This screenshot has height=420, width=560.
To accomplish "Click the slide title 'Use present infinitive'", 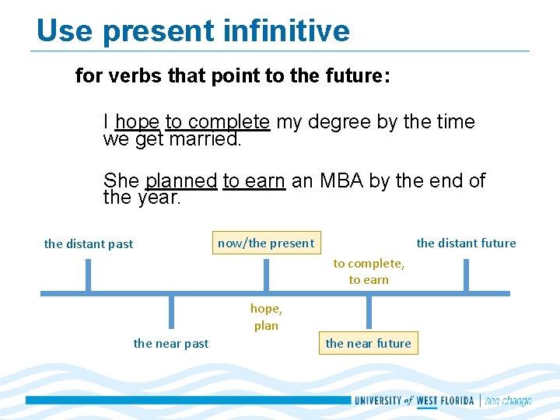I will coord(193,31).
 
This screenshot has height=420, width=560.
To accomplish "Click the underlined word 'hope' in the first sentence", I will coord(137,122).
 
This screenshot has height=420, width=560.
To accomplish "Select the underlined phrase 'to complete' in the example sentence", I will coord(217,122).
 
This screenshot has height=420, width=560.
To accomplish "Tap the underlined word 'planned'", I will coord(180,181).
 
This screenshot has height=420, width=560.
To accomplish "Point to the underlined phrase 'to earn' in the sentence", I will coord(254,181).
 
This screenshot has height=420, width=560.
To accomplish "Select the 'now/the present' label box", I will coord(266,243).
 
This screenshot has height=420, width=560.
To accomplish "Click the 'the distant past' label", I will coord(89,243).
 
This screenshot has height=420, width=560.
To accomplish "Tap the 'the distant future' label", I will coord(466,243).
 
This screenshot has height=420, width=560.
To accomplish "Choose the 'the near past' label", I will coord(171,343).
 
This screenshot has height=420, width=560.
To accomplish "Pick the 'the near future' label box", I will coord(369,343).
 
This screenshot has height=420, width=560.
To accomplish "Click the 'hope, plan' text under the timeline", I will coord(266,317).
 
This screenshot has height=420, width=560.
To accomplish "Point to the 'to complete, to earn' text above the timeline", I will coord(369,271).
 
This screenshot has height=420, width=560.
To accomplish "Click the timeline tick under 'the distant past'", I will coord(88,275).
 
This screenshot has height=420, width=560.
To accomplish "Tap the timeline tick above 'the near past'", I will coord(171,311).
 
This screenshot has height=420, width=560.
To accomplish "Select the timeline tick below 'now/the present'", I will coord(266,275).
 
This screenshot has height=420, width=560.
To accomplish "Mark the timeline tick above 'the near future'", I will coord(369,311).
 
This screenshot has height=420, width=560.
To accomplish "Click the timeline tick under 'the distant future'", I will coord(466,275).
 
